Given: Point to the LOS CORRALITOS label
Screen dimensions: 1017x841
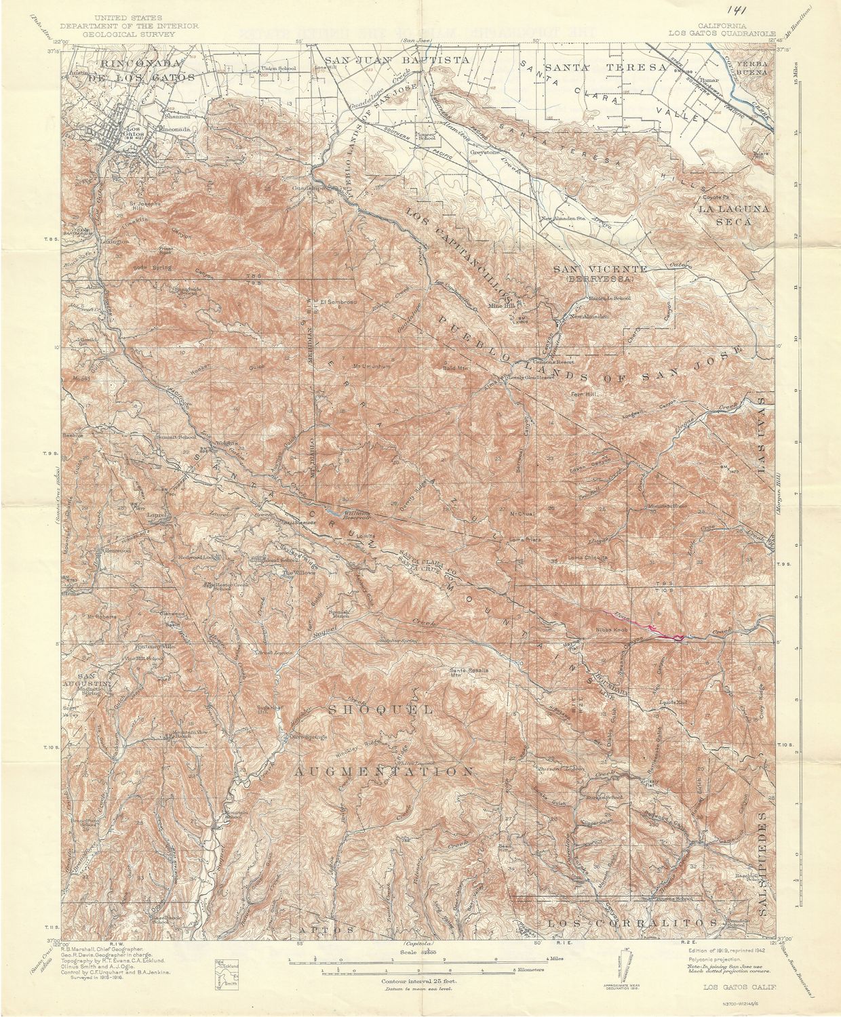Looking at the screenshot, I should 631,923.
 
